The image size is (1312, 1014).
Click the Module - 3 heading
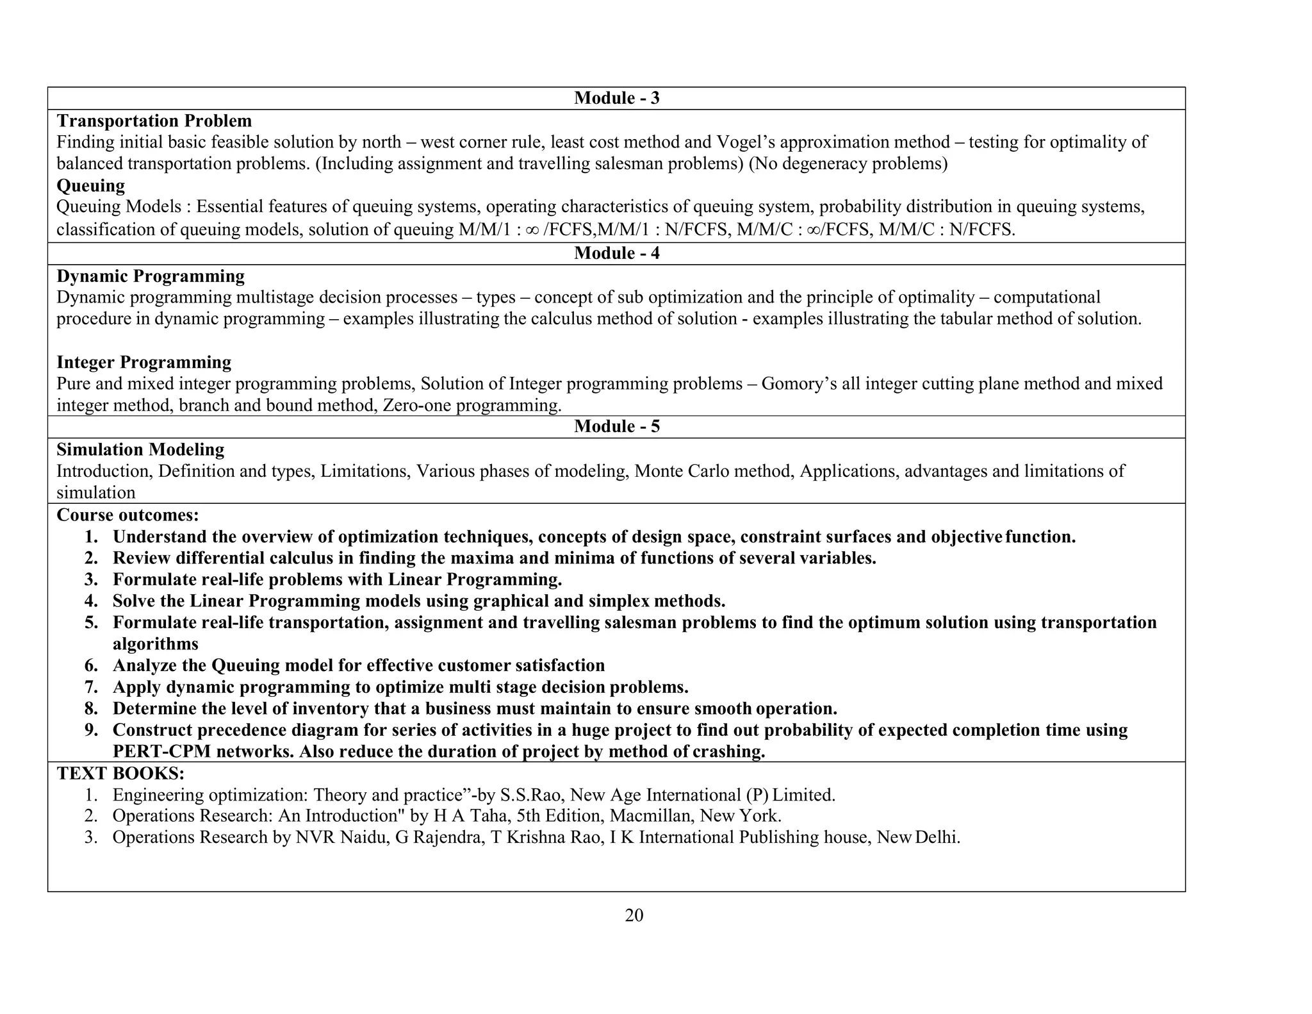[616, 98]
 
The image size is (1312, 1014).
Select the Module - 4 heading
[616, 253]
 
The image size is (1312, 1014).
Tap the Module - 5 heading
[616, 427]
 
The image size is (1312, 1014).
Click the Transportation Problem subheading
[154, 121]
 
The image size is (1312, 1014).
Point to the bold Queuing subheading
[90, 186]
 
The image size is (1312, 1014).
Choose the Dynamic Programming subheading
[151, 276]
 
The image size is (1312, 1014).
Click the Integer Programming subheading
[143, 362]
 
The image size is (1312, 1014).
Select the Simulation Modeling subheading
[140, 450]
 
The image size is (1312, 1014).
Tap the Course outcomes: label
[127, 515]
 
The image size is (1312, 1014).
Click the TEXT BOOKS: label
[120, 774]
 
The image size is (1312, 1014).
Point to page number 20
[634, 915]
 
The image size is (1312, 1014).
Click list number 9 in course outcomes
[91, 730]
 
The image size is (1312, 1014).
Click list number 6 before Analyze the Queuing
[91, 666]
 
